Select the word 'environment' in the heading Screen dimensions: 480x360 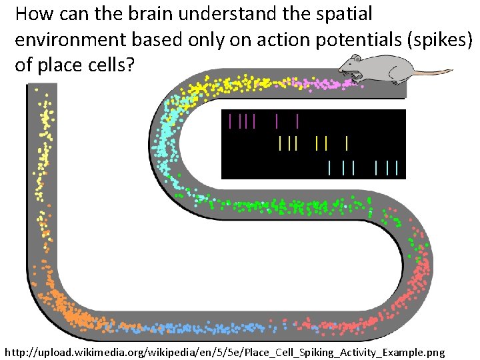(x=71, y=39)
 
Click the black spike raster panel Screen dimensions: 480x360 (x=313, y=144)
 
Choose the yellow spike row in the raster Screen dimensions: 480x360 (x=313, y=143)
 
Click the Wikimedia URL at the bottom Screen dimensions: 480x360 (x=223, y=351)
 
